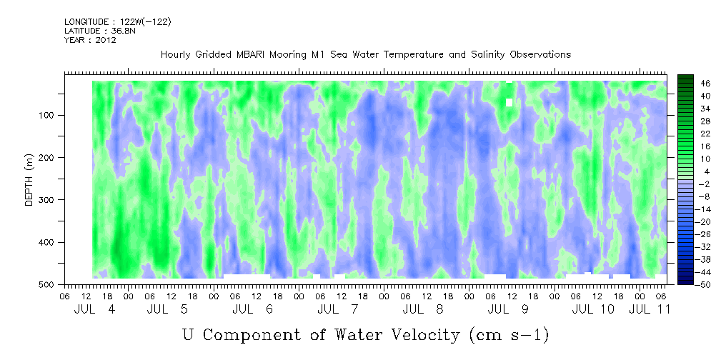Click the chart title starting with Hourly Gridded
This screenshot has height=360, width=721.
365,54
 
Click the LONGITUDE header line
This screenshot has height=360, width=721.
118,22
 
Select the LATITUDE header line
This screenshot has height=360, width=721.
94,31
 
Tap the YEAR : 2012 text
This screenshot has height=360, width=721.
90,40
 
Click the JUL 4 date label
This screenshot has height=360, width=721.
94,309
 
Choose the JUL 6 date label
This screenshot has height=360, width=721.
253,309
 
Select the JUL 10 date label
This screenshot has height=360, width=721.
594,309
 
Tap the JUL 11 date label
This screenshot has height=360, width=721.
651,309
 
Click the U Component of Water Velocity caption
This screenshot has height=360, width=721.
365,334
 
